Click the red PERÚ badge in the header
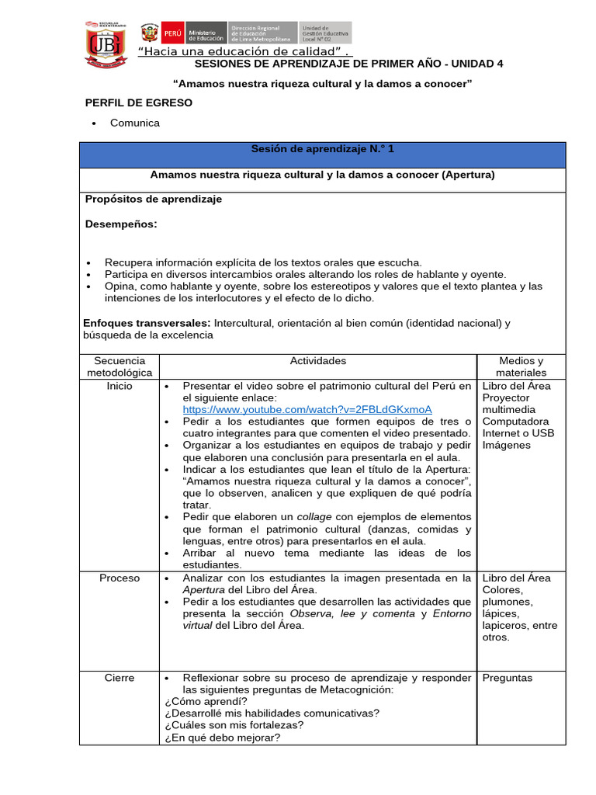[x=170, y=33]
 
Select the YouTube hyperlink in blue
[x=307, y=409]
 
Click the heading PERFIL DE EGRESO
[x=138, y=102]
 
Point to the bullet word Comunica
[x=135, y=123]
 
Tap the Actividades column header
[x=318, y=361]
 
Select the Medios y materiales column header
[x=521, y=366]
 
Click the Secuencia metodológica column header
[x=120, y=366]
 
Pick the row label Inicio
[x=120, y=386]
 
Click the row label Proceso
[x=120, y=578]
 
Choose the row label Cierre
[x=120, y=678]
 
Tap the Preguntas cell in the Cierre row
[x=508, y=678]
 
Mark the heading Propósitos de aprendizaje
[x=153, y=199]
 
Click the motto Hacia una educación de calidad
[x=242, y=52]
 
